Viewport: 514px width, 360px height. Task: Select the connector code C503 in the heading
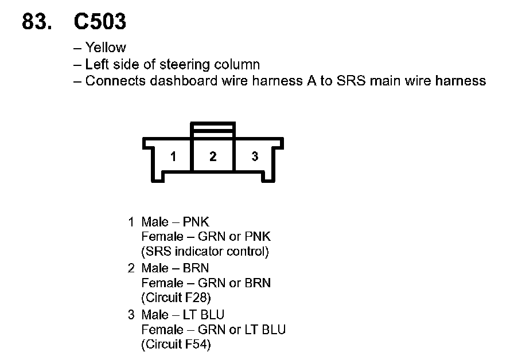[100, 22]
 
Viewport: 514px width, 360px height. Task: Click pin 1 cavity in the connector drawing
[173, 156]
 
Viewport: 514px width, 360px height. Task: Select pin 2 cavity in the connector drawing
[213, 156]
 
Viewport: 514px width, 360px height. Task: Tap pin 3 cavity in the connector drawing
[255, 156]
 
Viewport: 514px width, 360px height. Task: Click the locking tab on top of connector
[213, 130]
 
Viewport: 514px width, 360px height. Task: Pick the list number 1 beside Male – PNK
[131, 222]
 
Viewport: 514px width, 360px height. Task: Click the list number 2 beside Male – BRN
[131, 268]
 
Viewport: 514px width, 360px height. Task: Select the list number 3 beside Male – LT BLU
[131, 315]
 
